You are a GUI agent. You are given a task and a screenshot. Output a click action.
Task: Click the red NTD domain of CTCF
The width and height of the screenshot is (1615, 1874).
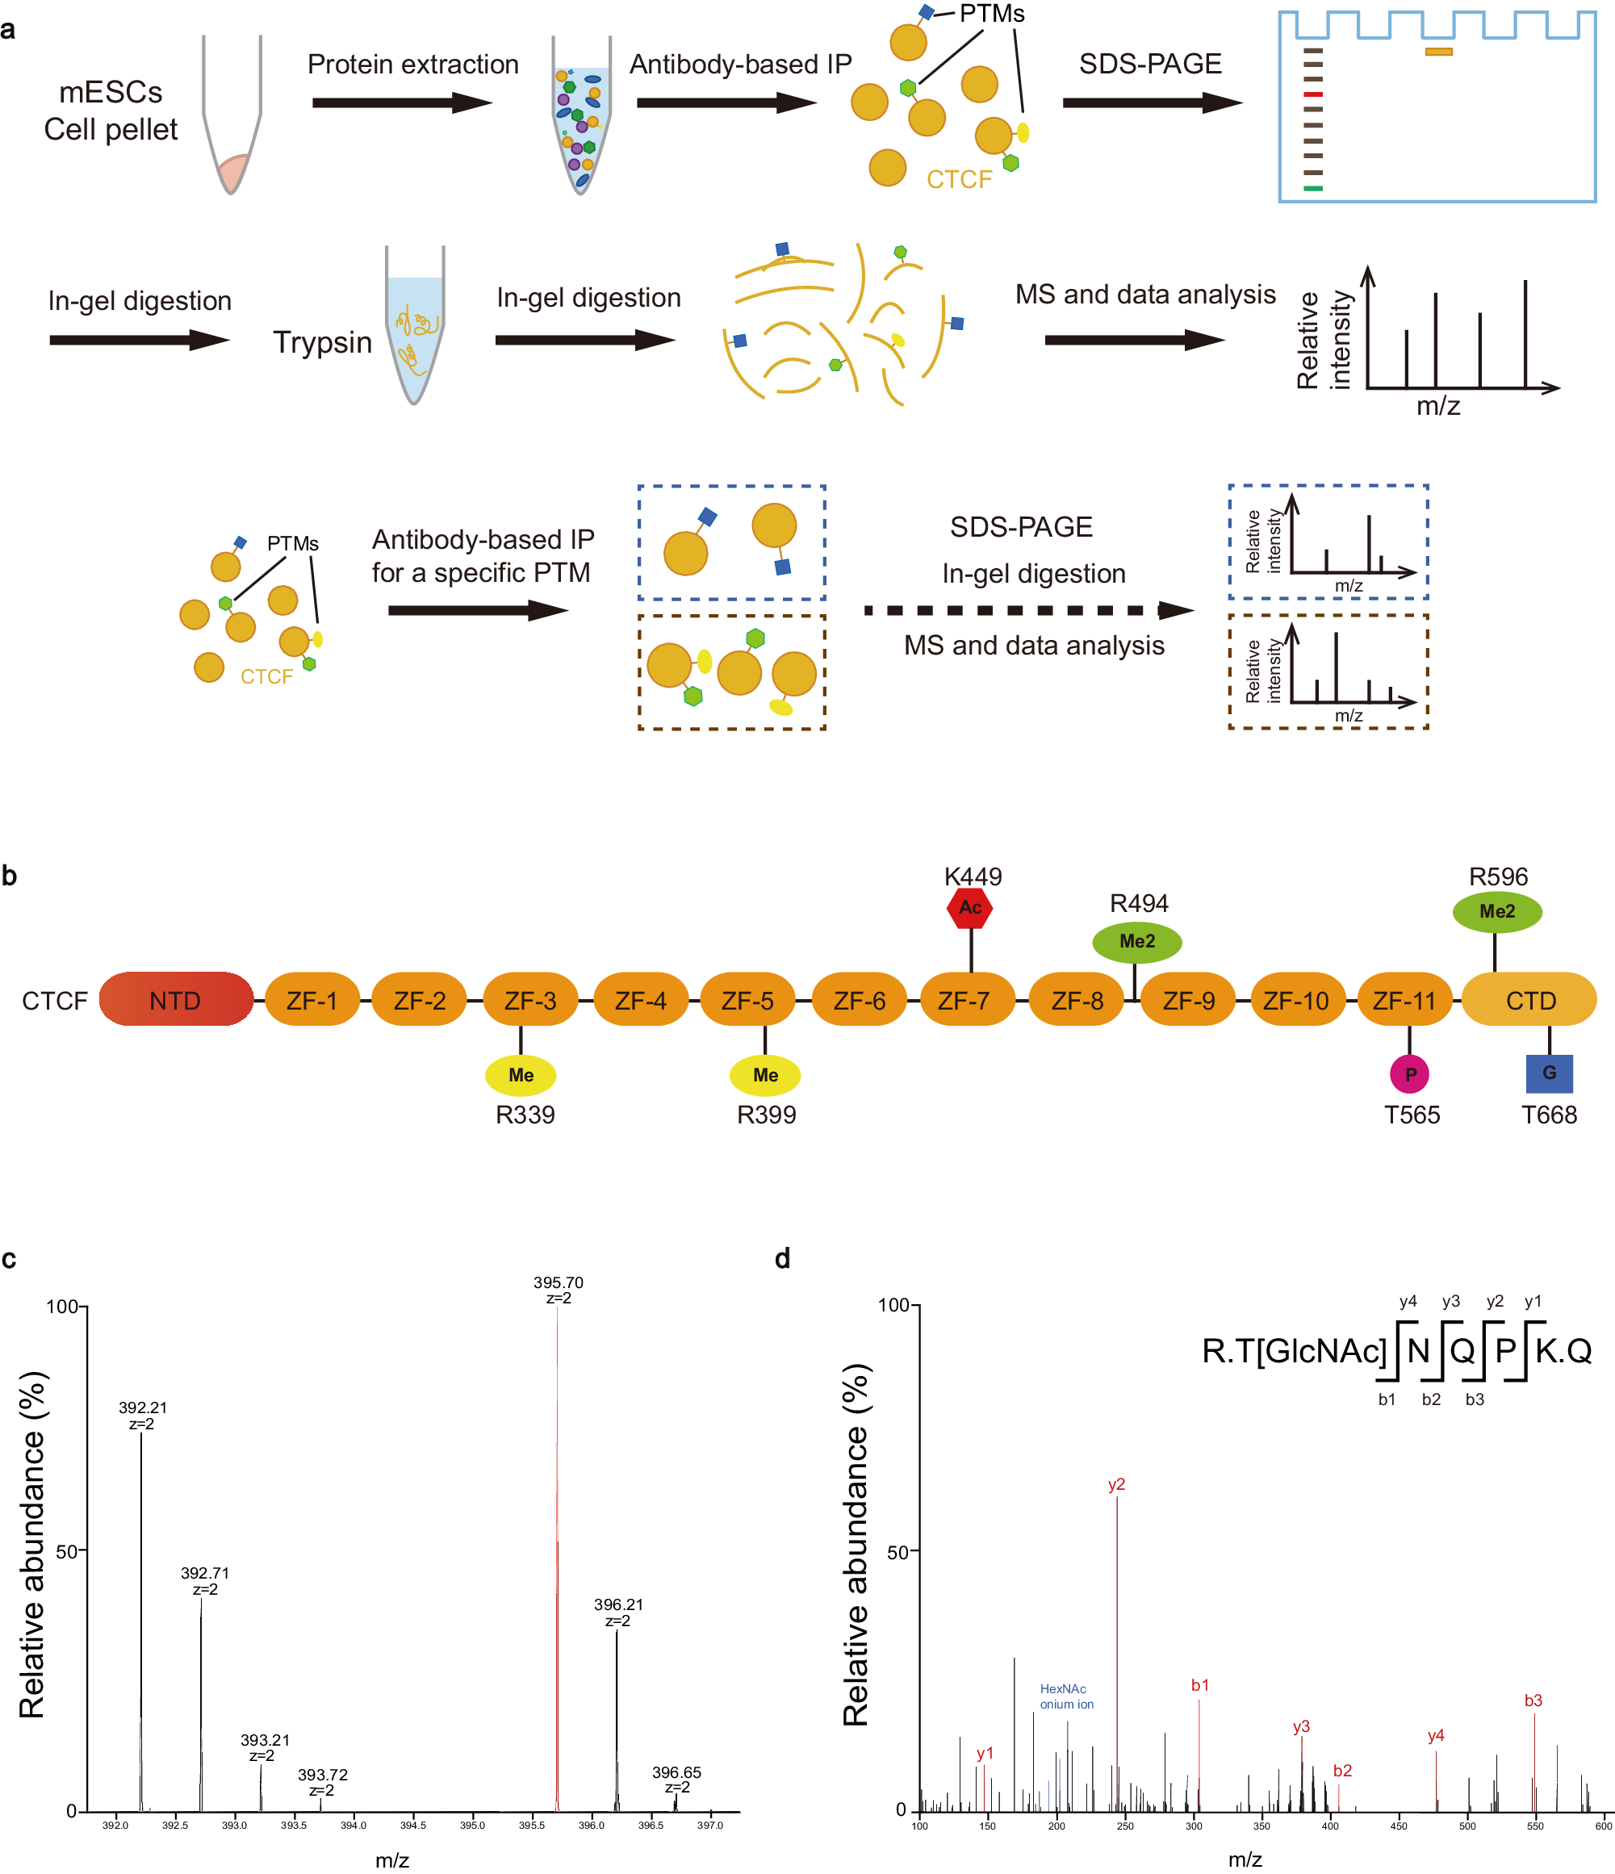click(175, 999)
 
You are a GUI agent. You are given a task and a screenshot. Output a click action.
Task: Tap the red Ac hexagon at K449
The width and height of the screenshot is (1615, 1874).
click(970, 908)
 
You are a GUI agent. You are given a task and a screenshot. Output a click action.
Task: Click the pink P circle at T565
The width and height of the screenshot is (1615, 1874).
click(1410, 1074)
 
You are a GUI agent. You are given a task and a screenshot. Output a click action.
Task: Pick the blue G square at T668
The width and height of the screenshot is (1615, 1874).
click(1549, 1073)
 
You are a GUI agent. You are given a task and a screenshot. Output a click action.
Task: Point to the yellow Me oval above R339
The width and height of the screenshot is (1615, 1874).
click(521, 1075)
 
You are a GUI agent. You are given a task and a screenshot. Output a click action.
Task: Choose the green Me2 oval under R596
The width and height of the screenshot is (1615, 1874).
click(1496, 912)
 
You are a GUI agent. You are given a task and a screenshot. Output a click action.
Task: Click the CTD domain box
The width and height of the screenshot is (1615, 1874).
click(1530, 1000)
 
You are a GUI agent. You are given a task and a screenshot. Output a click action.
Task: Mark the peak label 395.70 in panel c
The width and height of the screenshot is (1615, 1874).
click(558, 1283)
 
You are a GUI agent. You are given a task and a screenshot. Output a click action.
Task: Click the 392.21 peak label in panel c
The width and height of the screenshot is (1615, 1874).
click(143, 1408)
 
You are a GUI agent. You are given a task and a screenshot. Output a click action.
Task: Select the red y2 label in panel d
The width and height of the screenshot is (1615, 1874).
click(1117, 1485)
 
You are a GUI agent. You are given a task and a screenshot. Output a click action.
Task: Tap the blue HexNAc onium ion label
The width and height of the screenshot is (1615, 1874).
click(1066, 1696)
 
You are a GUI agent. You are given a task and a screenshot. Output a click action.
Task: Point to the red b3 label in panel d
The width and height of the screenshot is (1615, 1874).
click(1533, 1701)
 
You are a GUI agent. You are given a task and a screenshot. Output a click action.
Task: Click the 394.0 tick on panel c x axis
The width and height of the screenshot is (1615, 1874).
click(354, 1825)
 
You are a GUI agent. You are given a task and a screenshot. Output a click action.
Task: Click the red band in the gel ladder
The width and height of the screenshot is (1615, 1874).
click(1313, 95)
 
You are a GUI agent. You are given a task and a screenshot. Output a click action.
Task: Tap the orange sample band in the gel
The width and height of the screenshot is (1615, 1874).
click(1439, 52)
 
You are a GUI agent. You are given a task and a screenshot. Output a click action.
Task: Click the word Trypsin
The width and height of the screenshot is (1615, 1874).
click(323, 343)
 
